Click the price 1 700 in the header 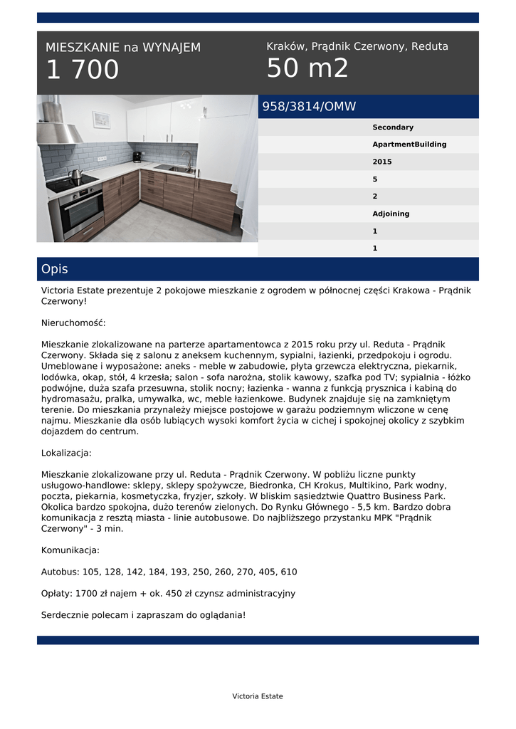[x=83, y=70]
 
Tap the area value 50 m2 [x=307, y=69]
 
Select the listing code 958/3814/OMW [x=309, y=107]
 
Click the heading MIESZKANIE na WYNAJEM [x=123, y=48]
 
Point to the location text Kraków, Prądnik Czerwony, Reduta [x=357, y=46]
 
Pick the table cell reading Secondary [x=393, y=127]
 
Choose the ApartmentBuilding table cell [x=409, y=145]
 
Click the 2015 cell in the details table [x=382, y=162]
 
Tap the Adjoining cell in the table [x=391, y=214]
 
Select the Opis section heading [x=55, y=269]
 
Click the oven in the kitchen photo [x=81, y=212]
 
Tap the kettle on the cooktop [x=75, y=174]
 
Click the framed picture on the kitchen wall [x=102, y=119]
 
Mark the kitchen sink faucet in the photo [x=188, y=159]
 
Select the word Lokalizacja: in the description [x=66, y=453]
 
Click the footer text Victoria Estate [x=258, y=696]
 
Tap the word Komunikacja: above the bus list [x=70, y=550]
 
